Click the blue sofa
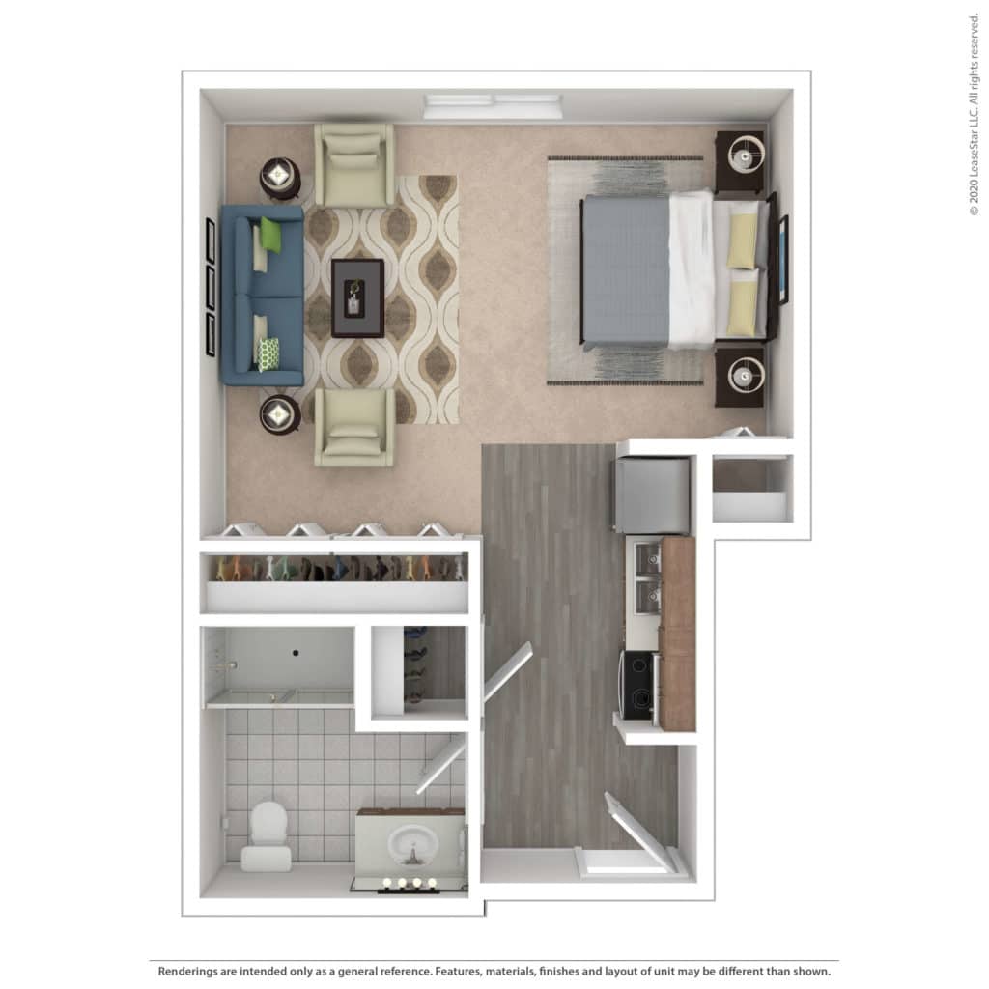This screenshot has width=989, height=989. pyautogui.click(x=262, y=296)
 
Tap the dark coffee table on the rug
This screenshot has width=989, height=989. pyautogui.click(x=357, y=297)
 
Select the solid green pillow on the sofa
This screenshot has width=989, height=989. pyautogui.click(x=270, y=235)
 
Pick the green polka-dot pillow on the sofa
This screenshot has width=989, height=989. pyautogui.click(x=268, y=353)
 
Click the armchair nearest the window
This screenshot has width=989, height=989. pyautogui.click(x=354, y=164)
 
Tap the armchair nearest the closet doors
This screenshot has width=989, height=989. pyautogui.click(x=354, y=427)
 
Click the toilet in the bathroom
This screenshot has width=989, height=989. pyautogui.click(x=268, y=835)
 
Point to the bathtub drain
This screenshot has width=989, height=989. pyautogui.click(x=296, y=653)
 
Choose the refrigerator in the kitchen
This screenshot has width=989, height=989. pyautogui.click(x=652, y=495)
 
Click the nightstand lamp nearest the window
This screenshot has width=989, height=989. pyautogui.click(x=746, y=155)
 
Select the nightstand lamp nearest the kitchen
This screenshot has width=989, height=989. pyautogui.click(x=746, y=376)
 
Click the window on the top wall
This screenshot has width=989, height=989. pyautogui.click(x=494, y=106)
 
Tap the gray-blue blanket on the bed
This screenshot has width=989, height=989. pyautogui.click(x=626, y=271)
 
